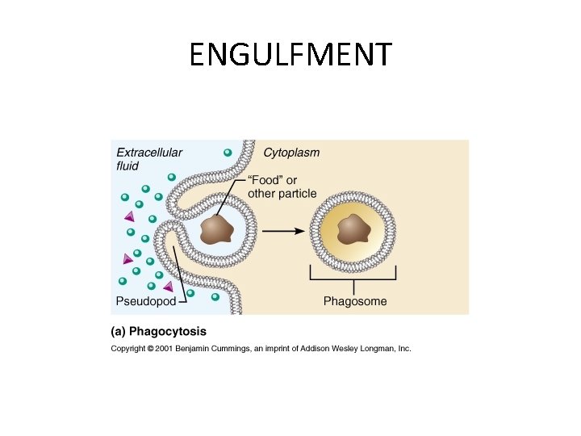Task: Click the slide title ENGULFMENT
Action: (x=290, y=56)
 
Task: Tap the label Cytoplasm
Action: (x=291, y=153)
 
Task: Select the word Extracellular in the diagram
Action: (x=149, y=153)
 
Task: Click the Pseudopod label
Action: (x=146, y=302)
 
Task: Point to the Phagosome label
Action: (x=355, y=302)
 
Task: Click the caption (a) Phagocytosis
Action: (x=158, y=332)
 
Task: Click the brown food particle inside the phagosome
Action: (x=353, y=229)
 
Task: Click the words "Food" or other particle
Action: (x=282, y=187)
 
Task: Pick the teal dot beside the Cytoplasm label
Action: (x=228, y=153)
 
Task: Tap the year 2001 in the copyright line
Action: (x=170, y=349)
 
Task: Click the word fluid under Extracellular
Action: (x=127, y=166)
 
